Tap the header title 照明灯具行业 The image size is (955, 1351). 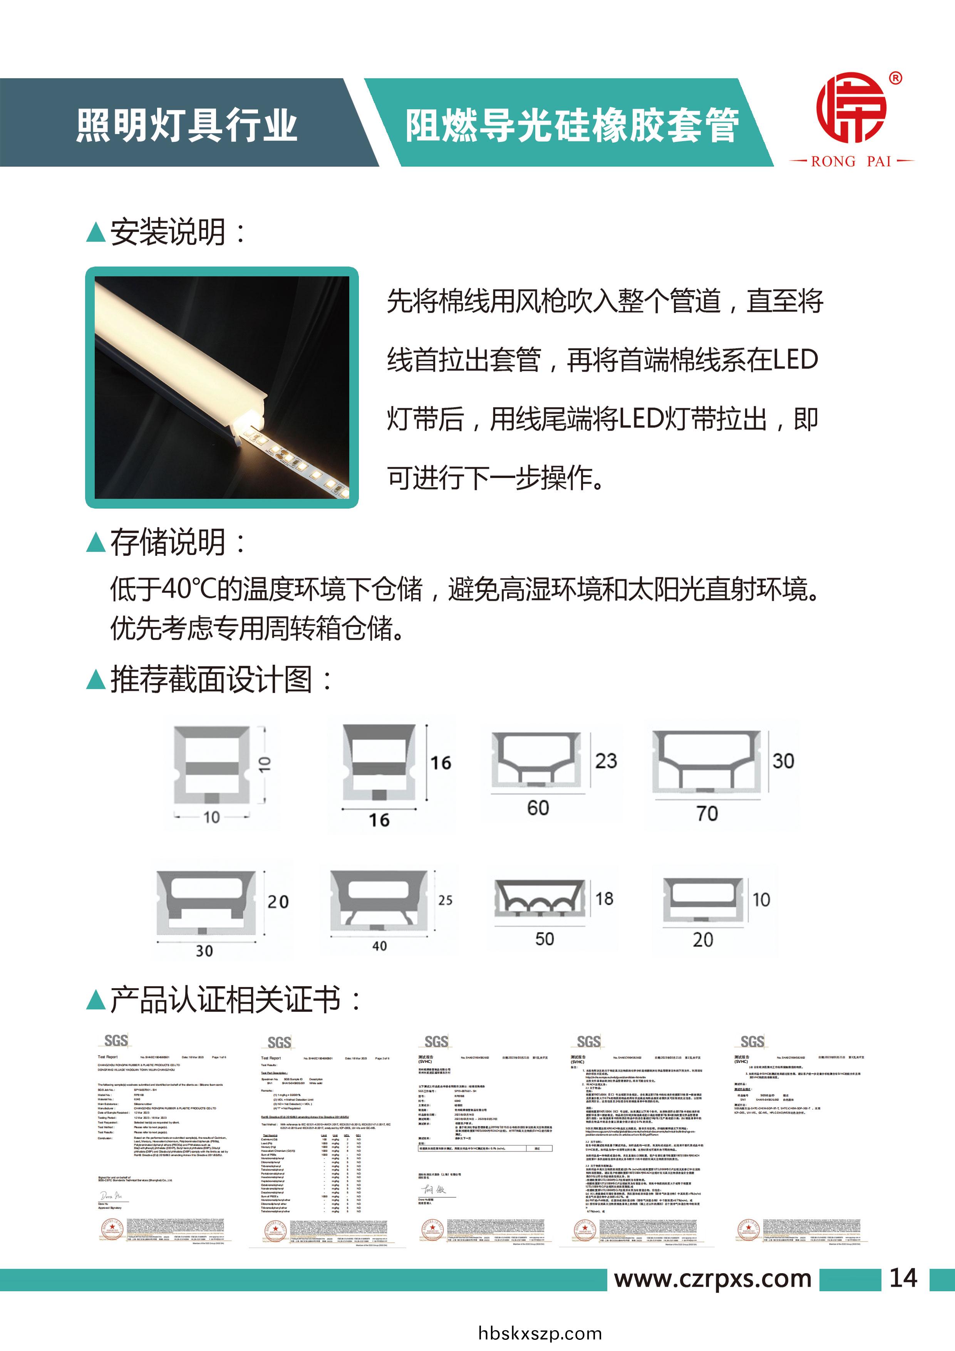point(186,125)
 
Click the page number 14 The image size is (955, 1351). point(903,1278)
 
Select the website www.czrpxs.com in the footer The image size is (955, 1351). point(712,1279)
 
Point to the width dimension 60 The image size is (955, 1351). point(538,808)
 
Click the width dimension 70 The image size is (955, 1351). point(707,814)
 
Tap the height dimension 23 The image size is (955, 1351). point(605,761)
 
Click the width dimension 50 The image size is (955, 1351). point(544,939)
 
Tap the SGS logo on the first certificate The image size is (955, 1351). point(116,1041)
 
